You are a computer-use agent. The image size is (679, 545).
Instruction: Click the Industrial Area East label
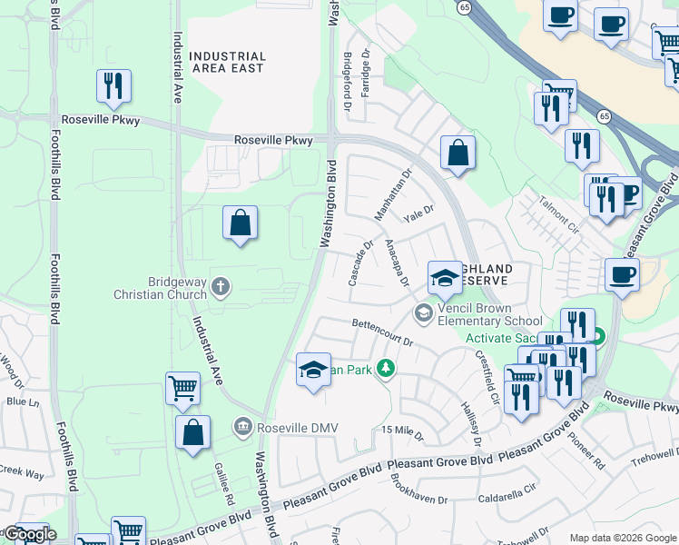[x=227, y=62]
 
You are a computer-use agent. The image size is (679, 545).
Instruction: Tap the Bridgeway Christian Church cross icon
[x=219, y=288]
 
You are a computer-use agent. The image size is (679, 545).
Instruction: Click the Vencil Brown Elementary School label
[x=489, y=314]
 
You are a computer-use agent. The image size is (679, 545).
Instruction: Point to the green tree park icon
[x=387, y=368]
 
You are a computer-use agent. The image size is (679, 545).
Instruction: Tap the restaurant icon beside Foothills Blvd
[x=113, y=86]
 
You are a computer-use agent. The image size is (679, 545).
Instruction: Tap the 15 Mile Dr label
[x=403, y=431]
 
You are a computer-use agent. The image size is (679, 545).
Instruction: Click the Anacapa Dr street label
[x=399, y=261]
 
